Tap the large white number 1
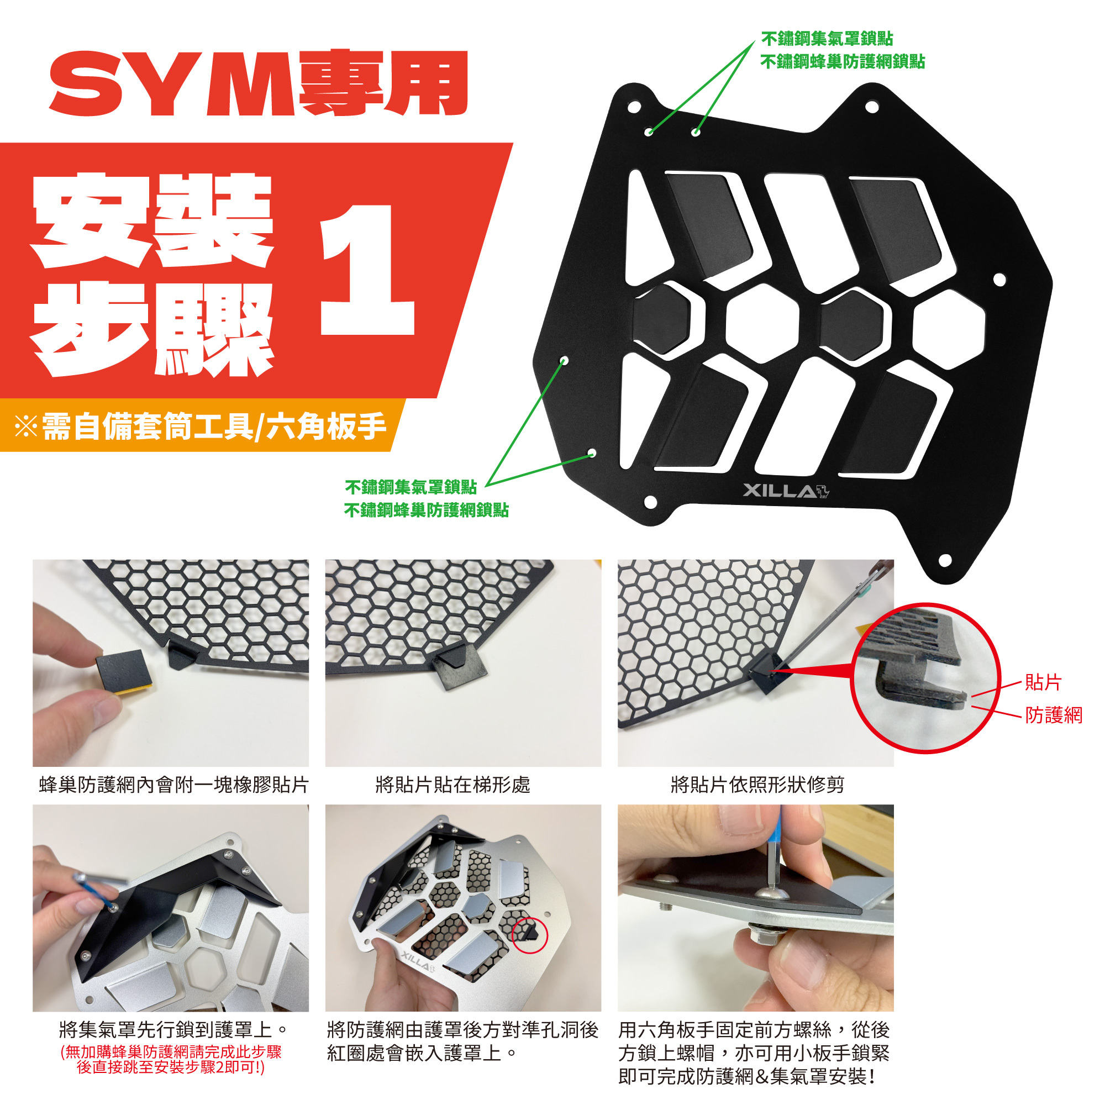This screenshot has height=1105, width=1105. click(367, 270)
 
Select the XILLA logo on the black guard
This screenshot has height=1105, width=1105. click(786, 491)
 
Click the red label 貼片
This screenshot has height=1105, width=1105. click(1043, 682)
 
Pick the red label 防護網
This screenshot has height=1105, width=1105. click(1054, 715)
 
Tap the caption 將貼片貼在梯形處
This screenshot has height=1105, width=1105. click(453, 785)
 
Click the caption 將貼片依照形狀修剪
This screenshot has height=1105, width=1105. click(757, 785)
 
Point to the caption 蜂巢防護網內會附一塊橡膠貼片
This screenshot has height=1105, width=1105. click(174, 785)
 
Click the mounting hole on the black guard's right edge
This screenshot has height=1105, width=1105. click(999, 280)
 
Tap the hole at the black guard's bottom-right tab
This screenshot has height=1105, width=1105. click(945, 559)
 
